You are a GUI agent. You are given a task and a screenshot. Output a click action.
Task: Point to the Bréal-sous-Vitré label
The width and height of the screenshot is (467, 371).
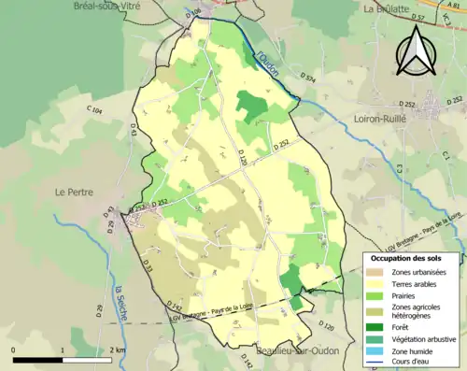coord(115,6)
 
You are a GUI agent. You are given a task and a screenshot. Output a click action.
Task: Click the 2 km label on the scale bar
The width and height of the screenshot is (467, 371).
coord(116,350)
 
